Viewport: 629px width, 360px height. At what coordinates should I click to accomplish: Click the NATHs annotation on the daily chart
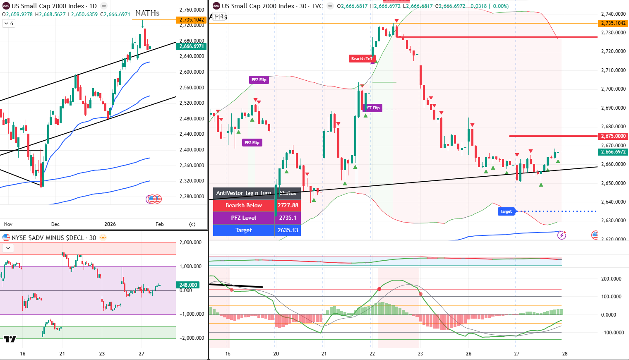[147, 13]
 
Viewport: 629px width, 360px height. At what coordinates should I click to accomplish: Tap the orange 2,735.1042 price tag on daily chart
[192, 20]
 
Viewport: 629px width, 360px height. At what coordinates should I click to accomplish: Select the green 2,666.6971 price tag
[192, 46]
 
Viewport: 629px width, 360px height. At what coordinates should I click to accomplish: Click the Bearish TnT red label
[361, 59]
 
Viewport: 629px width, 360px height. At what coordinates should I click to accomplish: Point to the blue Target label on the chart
[506, 211]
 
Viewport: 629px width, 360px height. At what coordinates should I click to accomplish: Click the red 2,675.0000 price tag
[613, 136]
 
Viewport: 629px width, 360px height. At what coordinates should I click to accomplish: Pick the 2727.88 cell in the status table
[288, 205]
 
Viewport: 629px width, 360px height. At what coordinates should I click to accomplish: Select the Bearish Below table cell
[243, 205]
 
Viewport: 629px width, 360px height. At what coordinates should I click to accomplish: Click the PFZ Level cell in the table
[243, 218]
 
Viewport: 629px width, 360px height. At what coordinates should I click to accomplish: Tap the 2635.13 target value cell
[288, 230]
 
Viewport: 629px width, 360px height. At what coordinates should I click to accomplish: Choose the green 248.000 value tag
[188, 285]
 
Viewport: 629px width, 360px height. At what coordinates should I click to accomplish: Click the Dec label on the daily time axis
[55, 224]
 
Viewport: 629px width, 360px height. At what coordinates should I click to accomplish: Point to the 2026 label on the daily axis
[110, 224]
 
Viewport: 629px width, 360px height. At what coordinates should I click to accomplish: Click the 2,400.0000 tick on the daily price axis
[192, 150]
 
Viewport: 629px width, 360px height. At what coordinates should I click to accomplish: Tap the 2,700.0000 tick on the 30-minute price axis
[613, 89]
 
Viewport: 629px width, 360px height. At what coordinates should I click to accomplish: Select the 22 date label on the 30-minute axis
[372, 354]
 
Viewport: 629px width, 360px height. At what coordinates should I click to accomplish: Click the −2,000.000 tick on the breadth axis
[191, 338]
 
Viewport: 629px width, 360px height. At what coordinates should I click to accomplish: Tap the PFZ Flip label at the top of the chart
[259, 80]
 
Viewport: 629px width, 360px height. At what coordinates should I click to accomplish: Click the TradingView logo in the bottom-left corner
[10, 339]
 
